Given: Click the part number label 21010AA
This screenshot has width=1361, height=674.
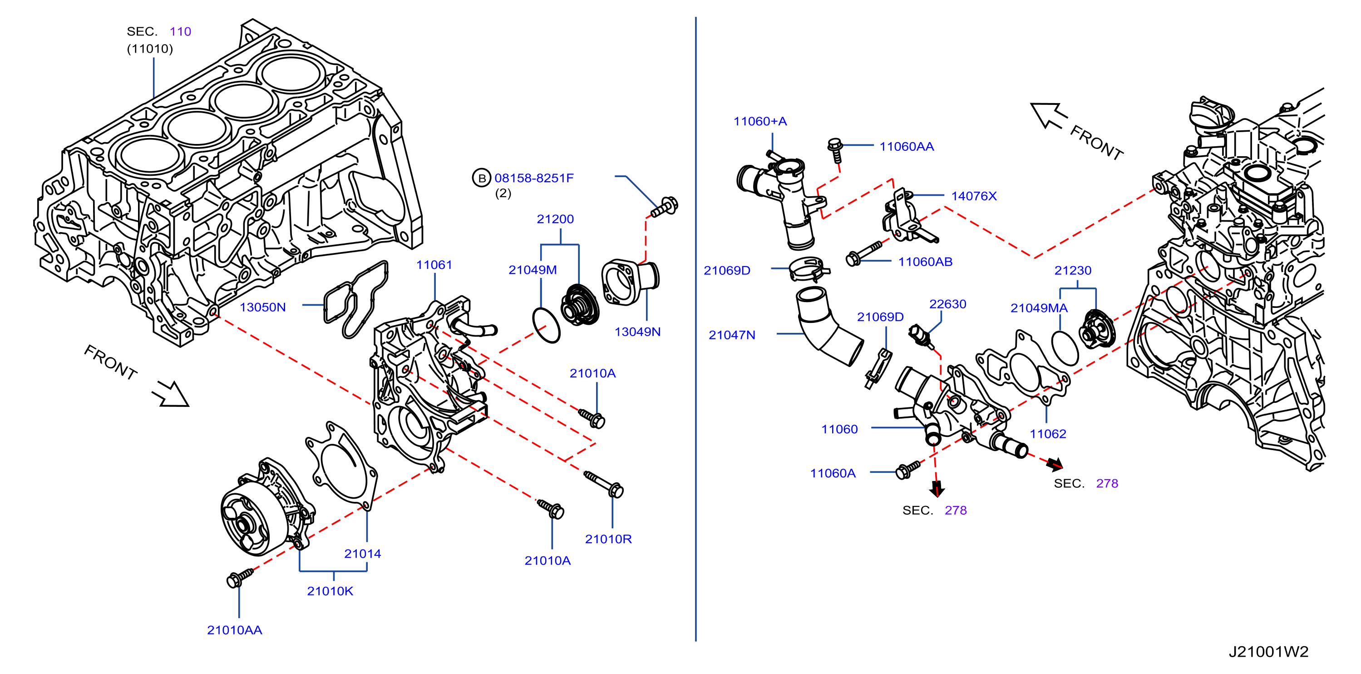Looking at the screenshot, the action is pos(235,630).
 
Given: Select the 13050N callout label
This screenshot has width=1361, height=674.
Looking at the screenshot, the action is pos(262,307).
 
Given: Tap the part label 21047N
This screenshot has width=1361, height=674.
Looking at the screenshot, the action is pos(732,335).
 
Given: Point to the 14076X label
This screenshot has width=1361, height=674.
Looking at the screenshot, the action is pos(974,196).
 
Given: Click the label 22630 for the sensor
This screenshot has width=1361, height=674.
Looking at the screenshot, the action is pos(947,304).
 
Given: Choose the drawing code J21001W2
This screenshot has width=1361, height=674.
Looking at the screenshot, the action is pos(1268,652).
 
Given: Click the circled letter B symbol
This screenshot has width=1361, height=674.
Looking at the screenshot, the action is pos(481,178).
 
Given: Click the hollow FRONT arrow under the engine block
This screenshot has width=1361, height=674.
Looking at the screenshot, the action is pos(171,394).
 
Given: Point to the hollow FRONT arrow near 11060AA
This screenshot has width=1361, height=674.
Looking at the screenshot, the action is pos(1048,115).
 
